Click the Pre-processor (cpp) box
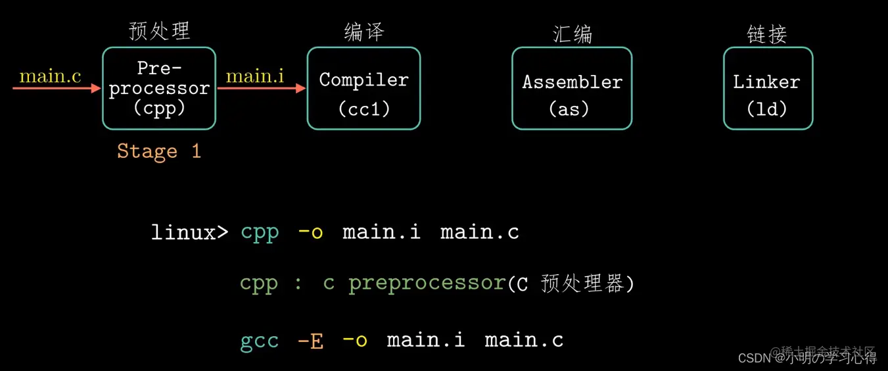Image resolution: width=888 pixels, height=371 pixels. pyautogui.click(x=159, y=88)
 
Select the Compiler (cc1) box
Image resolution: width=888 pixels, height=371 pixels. pyautogui.click(x=363, y=88)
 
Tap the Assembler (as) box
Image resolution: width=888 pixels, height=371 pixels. pyautogui.click(x=572, y=88)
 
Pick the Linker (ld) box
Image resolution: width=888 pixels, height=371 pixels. pyautogui.click(x=768, y=88)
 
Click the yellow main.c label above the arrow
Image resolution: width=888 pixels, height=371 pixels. pyautogui.click(x=50, y=76)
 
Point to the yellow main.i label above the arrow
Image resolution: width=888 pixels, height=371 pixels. pyautogui.click(x=255, y=76)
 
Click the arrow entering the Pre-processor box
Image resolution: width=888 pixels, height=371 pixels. pyautogui.click(x=57, y=88)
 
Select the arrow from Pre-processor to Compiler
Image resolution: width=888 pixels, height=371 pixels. pyautogui.click(x=261, y=88)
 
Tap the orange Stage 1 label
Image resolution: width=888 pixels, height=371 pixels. pyautogui.click(x=158, y=151)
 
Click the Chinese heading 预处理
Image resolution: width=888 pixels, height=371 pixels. pyautogui.click(x=159, y=31)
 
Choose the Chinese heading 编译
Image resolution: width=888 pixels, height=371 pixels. pyautogui.click(x=363, y=32)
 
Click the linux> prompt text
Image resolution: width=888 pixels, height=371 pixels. pyautogui.click(x=189, y=232)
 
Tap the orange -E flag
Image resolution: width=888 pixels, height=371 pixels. pyautogui.click(x=310, y=340)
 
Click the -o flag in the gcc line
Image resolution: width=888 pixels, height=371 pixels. pyautogui.click(x=355, y=340)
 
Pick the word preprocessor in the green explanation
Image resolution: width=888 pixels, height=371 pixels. pyautogui.click(x=427, y=284)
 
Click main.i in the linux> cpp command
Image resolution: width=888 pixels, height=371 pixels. pyautogui.click(x=381, y=232)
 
